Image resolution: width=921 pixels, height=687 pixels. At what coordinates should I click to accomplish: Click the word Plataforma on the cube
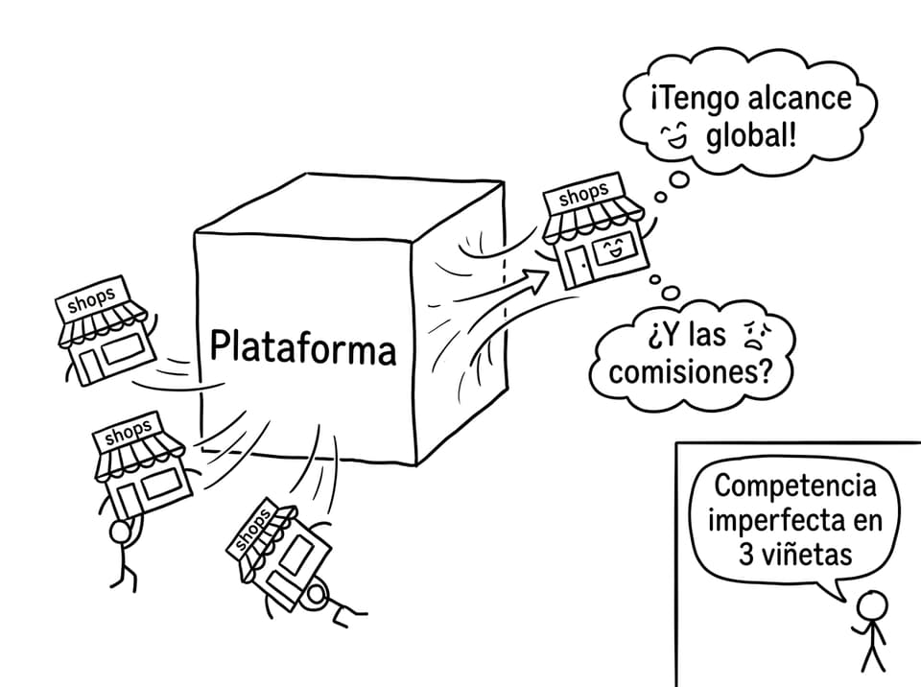[x=303, y=347]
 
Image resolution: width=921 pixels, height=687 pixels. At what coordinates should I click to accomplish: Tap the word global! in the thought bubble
[x=751, y=138]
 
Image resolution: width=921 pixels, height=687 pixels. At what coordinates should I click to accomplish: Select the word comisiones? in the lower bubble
[x=690, y=372]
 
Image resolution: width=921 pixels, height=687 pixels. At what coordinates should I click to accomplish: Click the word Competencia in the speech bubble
[x=794, y=486]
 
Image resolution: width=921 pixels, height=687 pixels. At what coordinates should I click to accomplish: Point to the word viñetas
[x=813, y=555]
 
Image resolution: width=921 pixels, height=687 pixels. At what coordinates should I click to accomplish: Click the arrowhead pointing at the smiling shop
[x=535, y=280]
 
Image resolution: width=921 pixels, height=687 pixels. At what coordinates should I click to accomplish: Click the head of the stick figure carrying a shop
[x=121, y=532]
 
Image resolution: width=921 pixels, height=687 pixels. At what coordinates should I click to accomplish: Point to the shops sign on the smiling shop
[x=583, y=194]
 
